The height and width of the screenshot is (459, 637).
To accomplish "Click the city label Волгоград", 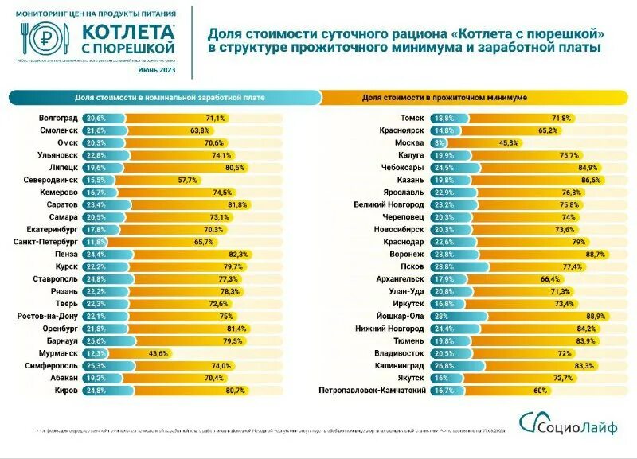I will click(58, 117).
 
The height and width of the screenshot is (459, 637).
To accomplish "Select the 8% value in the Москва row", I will click(437, 142).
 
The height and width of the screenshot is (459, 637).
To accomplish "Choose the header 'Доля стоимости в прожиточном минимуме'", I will click(444, 97).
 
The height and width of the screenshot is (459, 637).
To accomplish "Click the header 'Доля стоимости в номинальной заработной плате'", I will click(170, 97).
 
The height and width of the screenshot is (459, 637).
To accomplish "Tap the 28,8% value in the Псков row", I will click(443, 266).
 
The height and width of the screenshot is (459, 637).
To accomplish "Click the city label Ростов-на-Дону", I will click(49, 315).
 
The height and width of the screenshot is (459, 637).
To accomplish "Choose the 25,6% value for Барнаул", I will click(96, 340).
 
